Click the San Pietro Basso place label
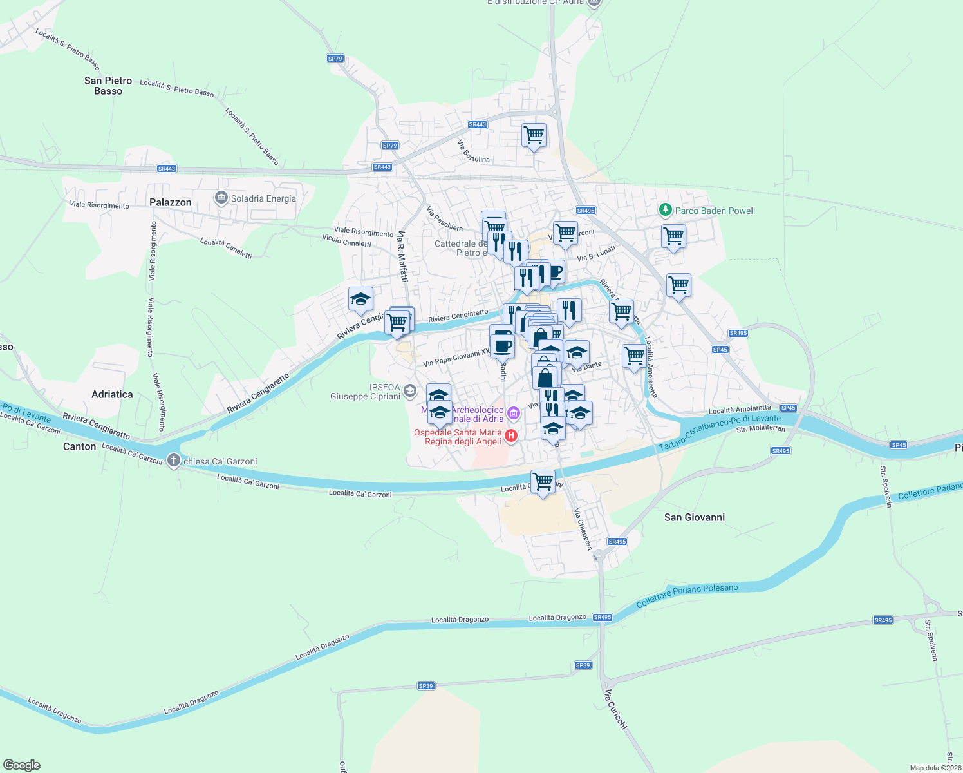tap(108, 86)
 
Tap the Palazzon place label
tap(171, 202)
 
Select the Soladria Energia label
tap(263, 198)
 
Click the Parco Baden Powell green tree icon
tap(665, 210)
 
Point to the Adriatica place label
tap(112, 394)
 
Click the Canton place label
tap(79, 446)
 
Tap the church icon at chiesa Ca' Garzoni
tap(173, 461)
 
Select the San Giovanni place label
tap(694, 517)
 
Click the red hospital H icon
tap(511, 436)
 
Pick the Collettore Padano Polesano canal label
tap(687, 595)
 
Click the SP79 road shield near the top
tap(335, 59)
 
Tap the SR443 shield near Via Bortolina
tap(477, 124)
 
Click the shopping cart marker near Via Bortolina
tap(534, 135)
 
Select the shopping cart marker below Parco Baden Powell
tap(673, 236)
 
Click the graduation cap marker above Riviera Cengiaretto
tap(360, 300)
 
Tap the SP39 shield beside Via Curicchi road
tap(583, 665)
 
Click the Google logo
tap(22, 765)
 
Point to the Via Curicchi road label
tap(615, 709)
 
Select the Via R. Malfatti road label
tap(403, 256)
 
